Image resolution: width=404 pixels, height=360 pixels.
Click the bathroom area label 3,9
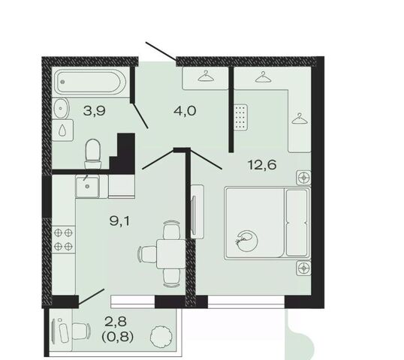pyautogui.click(x=95, y=111)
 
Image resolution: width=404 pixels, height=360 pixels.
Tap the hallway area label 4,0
pyautogui.click(x=185, y=111)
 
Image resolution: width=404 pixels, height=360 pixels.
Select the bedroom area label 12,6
pyautogui.click(x=262, y=165)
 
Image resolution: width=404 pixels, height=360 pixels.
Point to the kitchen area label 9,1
pyautogui.click(x=120, y=220)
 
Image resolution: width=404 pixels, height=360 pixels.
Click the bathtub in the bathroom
pyautogui.click(x=91, y=82)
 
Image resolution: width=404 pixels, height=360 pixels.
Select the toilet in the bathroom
pyautogui.click(x=92, y=154)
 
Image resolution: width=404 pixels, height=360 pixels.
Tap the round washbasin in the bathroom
pyautogui.click(x=62, y=108)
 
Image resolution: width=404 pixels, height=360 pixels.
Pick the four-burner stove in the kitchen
pyautogui.click(x=63, y=240)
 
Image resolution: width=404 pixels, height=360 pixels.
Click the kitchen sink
pyautogui.click(x=87, y=186)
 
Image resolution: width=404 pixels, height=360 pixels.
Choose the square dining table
pyautogui.click(x=170, y=253)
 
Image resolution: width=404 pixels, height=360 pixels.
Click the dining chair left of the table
pyautogui.click(x=147, y=253)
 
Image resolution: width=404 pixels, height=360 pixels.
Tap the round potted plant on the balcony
pyautogui.click(x=161, y=335)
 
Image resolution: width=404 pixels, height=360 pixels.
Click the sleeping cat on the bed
pyautogui.click(x=247, y=241)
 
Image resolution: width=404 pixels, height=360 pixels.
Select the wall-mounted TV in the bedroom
pyautogui.click(x=194, y=212)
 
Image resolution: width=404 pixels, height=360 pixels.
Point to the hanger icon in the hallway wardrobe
pyautogui.click(x=206, y=76)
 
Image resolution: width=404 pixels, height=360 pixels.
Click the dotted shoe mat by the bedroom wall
pyautogui.click(x=241, y=117)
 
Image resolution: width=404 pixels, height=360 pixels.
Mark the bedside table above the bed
pyautogui.click(x=303, y=178)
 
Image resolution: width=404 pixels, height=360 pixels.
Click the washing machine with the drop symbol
pyautogui.click(x=62, y=130)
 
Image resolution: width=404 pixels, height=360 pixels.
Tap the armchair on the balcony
pyautogui.click(x=80, y=332)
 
